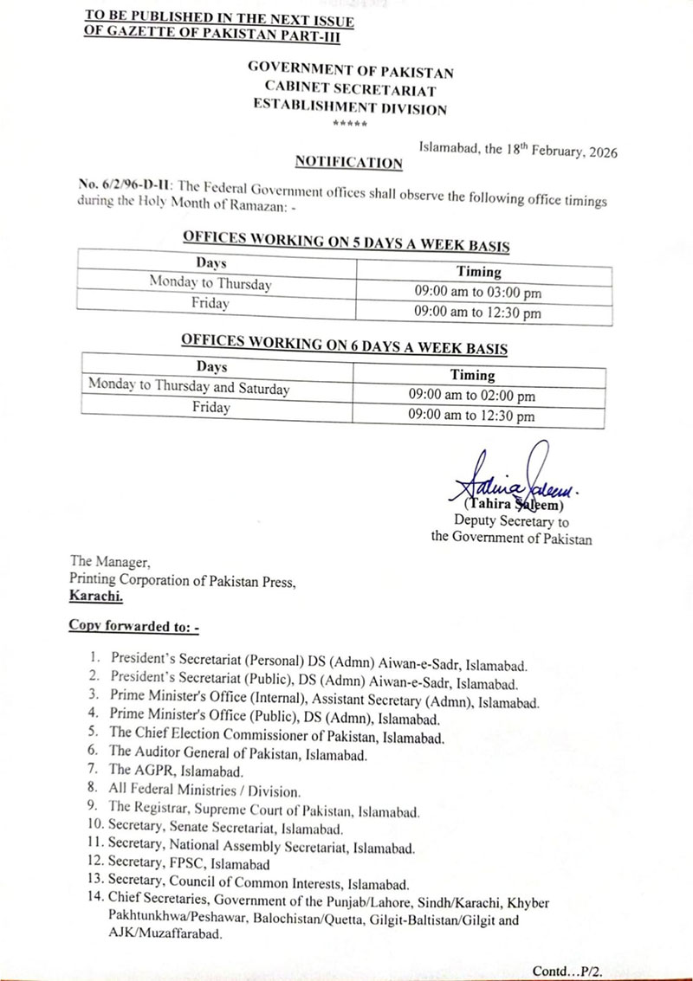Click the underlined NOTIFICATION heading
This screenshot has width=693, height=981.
click(x=348, y=162)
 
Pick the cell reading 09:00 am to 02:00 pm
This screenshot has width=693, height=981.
click(x=472, y=396)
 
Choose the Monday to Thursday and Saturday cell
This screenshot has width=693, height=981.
click(x=189, y=389)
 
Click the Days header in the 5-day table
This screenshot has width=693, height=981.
click(x=210, y=261)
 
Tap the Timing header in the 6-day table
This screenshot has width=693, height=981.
click(x=472, y=375)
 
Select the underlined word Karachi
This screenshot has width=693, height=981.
click(x=96, y=597)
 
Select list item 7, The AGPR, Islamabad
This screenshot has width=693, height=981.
click(x=178, y=770)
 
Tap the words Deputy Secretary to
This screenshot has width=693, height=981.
click(x=511, y=521)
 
